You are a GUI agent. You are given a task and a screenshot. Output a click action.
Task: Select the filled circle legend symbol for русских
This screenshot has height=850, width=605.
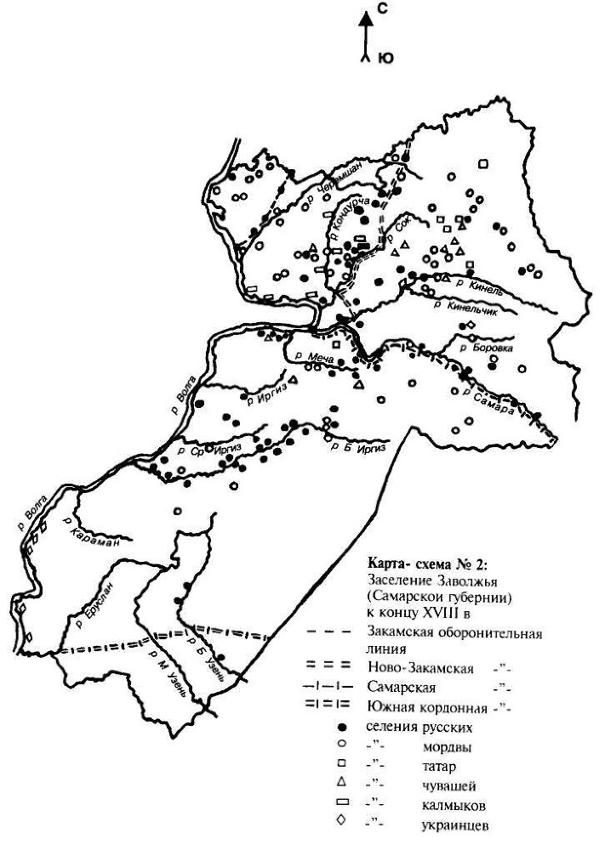pyautogui.click(x=340, y=727)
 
